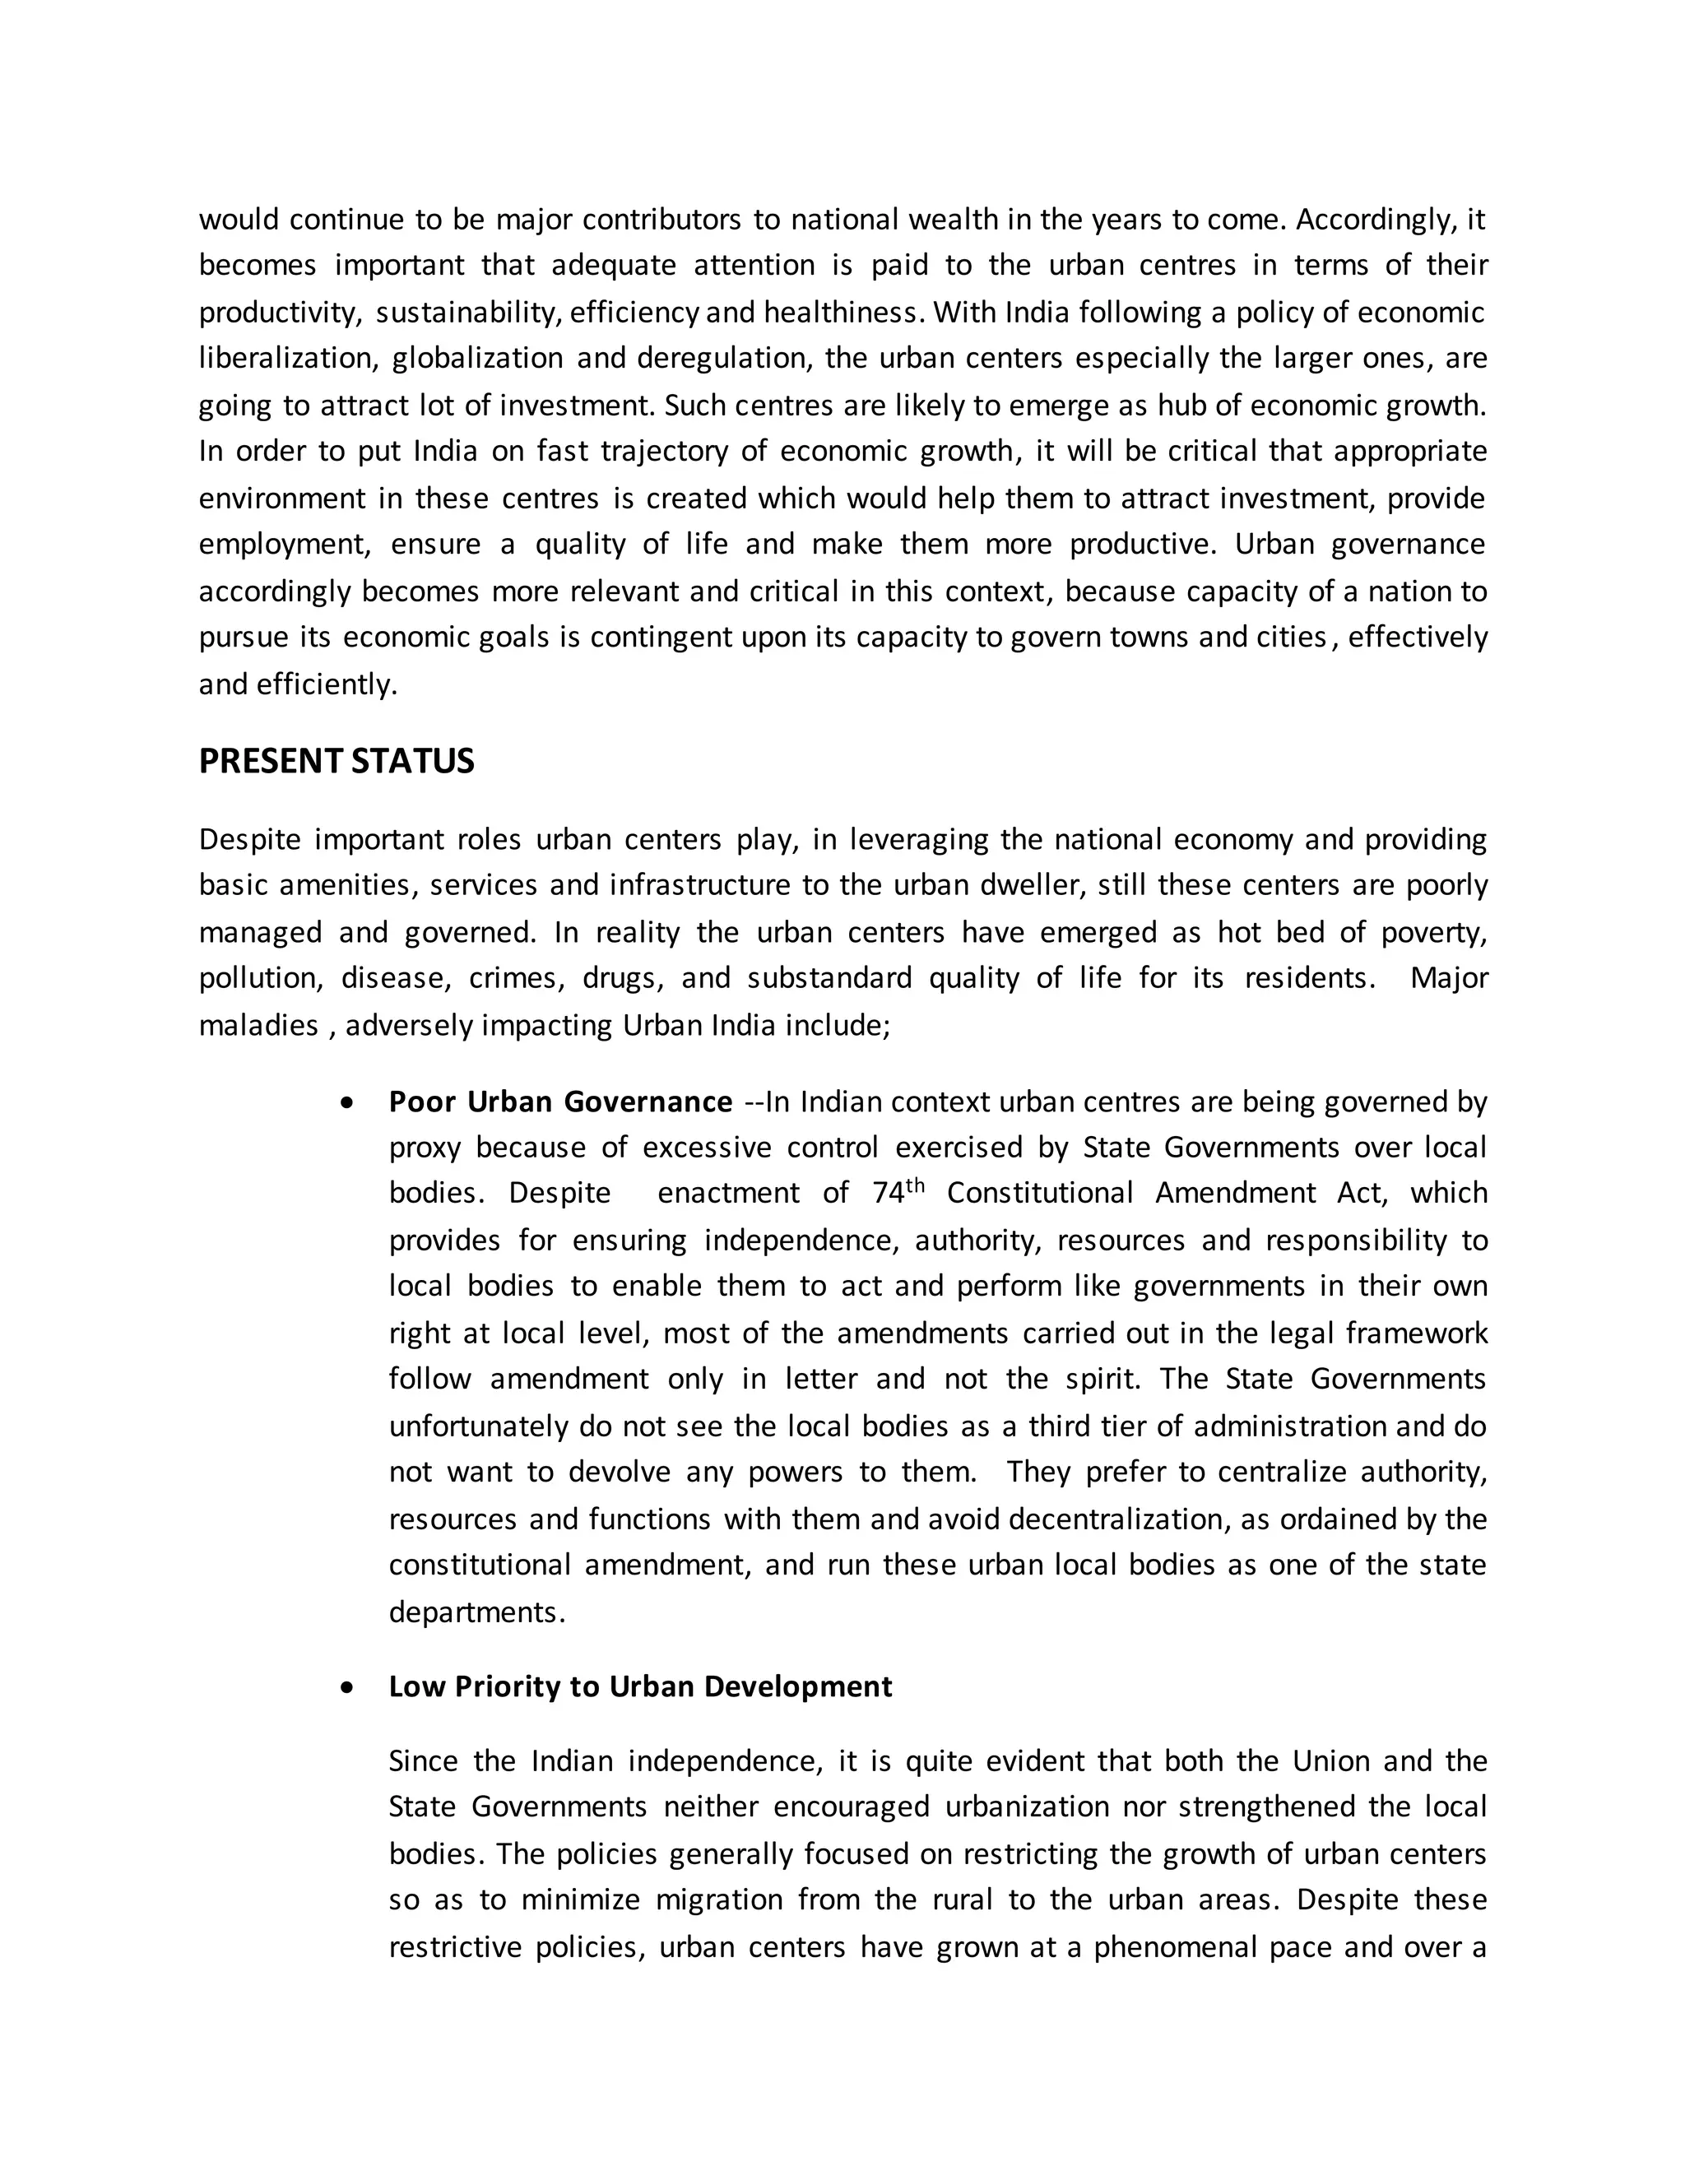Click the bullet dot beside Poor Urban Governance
click(346, 1103)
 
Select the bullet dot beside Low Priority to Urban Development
click(346, 1687)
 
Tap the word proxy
click(425, 1148)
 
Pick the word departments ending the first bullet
click(476, 1612)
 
